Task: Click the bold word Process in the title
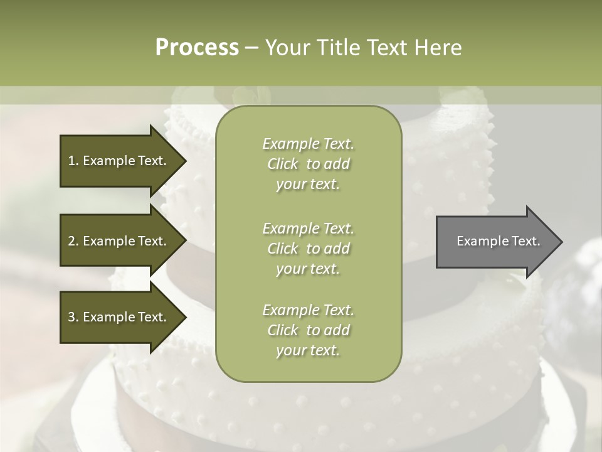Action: click(197, 48)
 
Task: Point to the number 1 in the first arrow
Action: click(71, 161)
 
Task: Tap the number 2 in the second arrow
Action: click(71, 241)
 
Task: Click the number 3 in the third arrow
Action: click(71, 317)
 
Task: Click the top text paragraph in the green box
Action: click(308, 164)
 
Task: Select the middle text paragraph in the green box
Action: click(308, 249)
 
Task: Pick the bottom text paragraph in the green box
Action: click(308, 330)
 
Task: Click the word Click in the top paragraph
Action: click(283, 164)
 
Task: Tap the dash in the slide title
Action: click(251, 48)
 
